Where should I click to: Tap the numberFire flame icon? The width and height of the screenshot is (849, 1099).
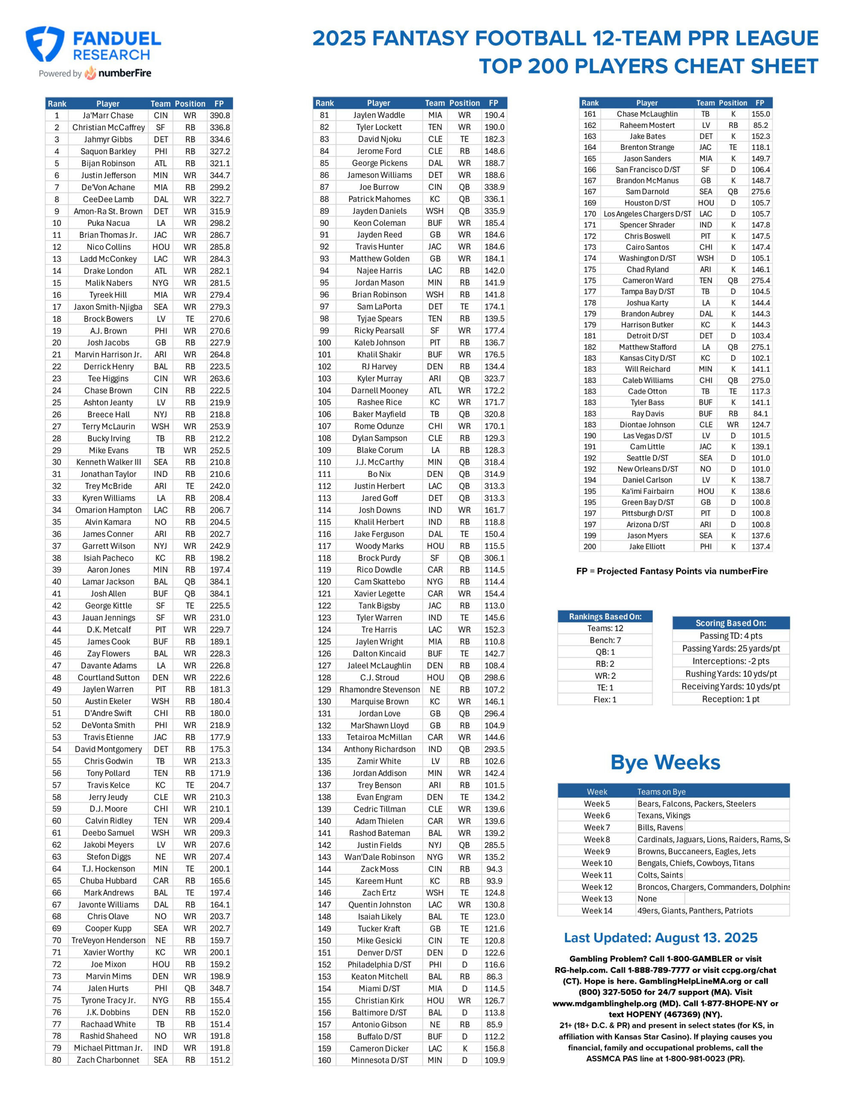tap(91, 73)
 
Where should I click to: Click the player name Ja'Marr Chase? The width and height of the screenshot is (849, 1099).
tap(108, 115)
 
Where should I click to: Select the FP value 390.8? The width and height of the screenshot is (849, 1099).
tap(219, 115)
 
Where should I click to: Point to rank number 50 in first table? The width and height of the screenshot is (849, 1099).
tap(57, 701)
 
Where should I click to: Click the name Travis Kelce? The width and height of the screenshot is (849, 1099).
tap(108, 785)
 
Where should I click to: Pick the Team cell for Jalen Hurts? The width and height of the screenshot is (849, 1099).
tap(161, 988)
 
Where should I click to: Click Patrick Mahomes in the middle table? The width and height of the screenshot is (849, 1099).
tap(379, 199)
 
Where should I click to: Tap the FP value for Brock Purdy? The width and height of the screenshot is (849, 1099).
tap(494, 558)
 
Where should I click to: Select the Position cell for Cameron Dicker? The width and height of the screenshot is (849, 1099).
tap(464, 1048)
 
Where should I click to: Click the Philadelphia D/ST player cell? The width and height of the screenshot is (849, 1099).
tap(379, 965)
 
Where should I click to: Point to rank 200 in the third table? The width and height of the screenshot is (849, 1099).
tap(589, 546)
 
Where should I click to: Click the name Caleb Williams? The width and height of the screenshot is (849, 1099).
tap(647, 380)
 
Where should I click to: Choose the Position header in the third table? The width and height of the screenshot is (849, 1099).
tap(732, 103)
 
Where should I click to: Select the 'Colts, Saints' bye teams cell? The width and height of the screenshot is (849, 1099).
tap(660, 875)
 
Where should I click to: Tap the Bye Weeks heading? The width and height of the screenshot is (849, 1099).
tap(665, 763)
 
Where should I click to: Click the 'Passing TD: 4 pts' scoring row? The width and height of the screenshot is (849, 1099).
tap(730, 635)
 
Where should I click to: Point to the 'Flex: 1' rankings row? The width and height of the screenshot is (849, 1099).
tap(604, 699)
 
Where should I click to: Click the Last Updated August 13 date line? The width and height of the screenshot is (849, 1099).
tap(660, 938)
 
